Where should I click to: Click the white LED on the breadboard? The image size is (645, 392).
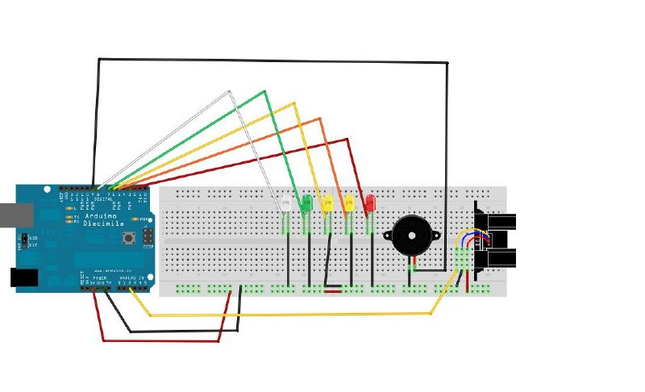coord(285,203)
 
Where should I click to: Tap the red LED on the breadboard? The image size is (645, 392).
coord(370,202)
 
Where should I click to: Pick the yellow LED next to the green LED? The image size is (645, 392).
coord(327,202)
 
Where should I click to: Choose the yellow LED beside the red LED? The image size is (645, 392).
coord(349,202)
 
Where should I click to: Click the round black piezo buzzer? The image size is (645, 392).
coord(410,236)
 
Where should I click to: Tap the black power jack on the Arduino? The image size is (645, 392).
coord(23,277)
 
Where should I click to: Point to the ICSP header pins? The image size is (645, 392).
coord(148,236)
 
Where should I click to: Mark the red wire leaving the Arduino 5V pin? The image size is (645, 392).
coord(161,340)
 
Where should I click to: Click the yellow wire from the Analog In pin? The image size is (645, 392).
coord(282,315)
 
